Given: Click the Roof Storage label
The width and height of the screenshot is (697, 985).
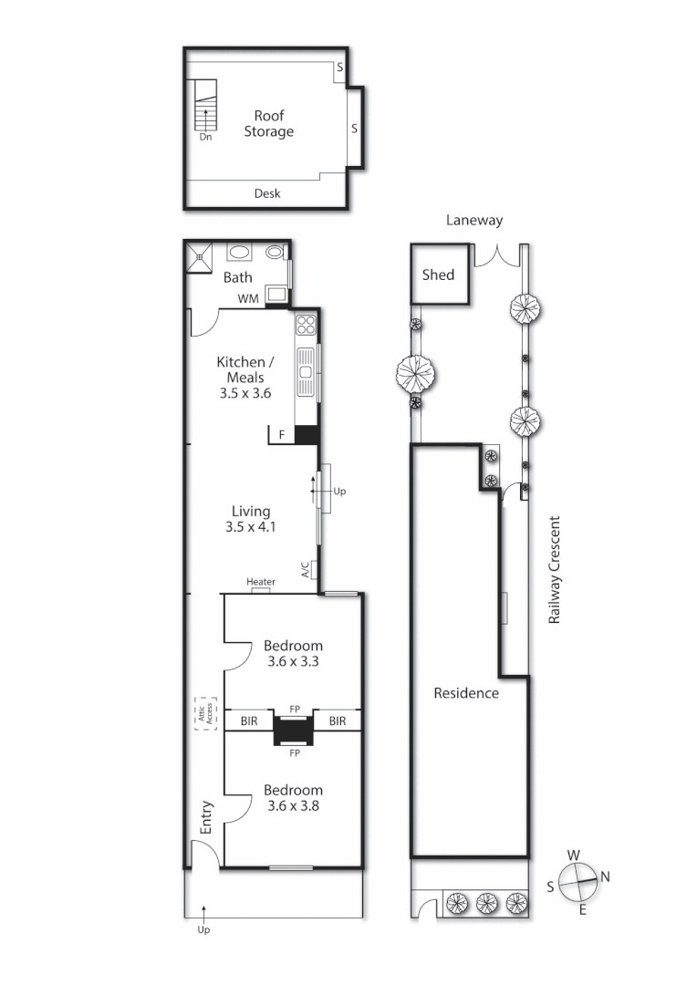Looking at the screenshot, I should tap(268, 123).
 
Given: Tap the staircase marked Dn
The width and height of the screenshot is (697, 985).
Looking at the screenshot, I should tap(205, 107).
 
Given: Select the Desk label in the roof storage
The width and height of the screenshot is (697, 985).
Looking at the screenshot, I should tap(267, 193).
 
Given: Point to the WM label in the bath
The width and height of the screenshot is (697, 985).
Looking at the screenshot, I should tap(247, 298).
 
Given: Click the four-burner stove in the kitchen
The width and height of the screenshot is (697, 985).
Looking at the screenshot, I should tap(306, 326).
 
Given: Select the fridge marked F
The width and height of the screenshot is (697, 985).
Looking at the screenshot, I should tap(282, 435).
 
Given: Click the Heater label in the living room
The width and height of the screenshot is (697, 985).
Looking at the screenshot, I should tap(261, 582).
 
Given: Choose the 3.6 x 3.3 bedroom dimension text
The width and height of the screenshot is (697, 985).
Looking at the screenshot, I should tap(293, 662).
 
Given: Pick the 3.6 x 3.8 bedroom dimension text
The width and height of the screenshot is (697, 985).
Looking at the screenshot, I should tap(293, 806).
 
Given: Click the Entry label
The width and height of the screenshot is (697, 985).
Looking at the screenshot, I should tap(206, 818).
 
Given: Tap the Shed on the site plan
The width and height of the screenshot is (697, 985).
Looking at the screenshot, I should tap(438, 275).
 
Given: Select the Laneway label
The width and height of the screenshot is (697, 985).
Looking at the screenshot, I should tap(473, 220).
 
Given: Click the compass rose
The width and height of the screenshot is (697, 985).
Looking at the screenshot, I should tap(578, 881).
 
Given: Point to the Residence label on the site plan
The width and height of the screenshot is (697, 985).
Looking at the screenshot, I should tap(465, 693).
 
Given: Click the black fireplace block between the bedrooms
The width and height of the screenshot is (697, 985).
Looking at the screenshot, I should tap(294, 731).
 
